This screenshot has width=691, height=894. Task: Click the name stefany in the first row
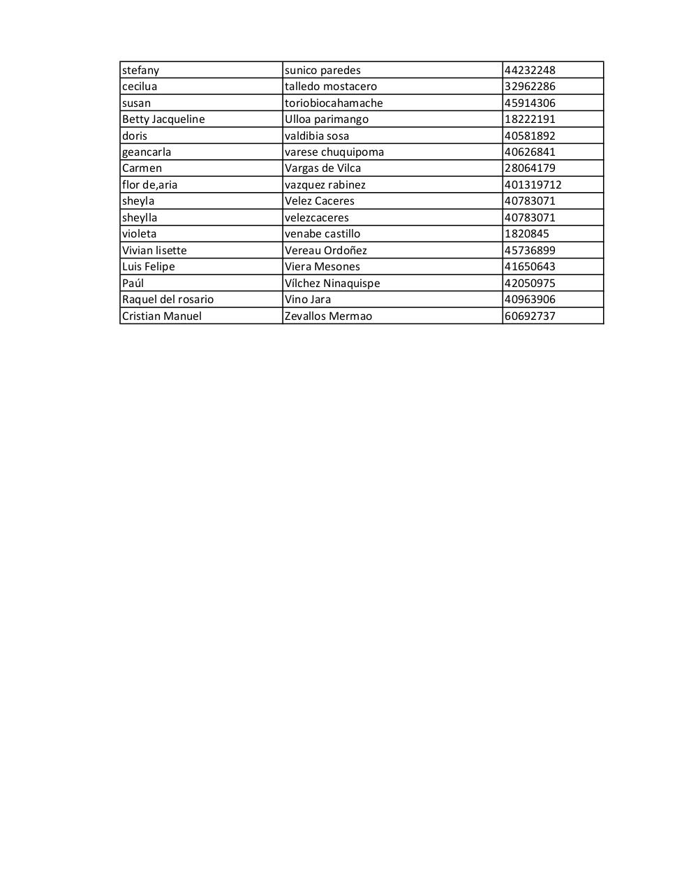tap(140, 70)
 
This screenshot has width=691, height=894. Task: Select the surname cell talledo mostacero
tap(330, 87)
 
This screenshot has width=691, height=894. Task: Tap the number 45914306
tap(530, 103)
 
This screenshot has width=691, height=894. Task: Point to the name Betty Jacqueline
tap(163, 119)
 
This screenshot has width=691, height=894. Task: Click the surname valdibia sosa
tap(316, 135)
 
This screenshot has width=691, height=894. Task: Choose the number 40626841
tap(530, 152)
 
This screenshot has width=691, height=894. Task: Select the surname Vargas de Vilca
tap(322, 168)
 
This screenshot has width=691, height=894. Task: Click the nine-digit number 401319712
tap(533, 185)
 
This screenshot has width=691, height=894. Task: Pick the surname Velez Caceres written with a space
tap(319, 201)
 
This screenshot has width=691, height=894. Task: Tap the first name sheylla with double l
tap(140, 218)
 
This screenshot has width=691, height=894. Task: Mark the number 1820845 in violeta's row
tap(526, 234)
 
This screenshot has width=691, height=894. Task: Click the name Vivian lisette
tap(154, 250)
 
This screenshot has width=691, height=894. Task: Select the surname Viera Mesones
tap(322, 267)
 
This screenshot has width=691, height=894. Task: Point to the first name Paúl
tap(133, 283)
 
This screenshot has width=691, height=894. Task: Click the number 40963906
tap(530, 300)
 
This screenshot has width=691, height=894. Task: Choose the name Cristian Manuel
tap(161, 316)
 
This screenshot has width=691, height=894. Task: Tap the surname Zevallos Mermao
tap(328, 316)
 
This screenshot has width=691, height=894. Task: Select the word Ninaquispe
tap(352, 283)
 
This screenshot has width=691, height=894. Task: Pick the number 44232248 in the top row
tap(530, 70)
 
